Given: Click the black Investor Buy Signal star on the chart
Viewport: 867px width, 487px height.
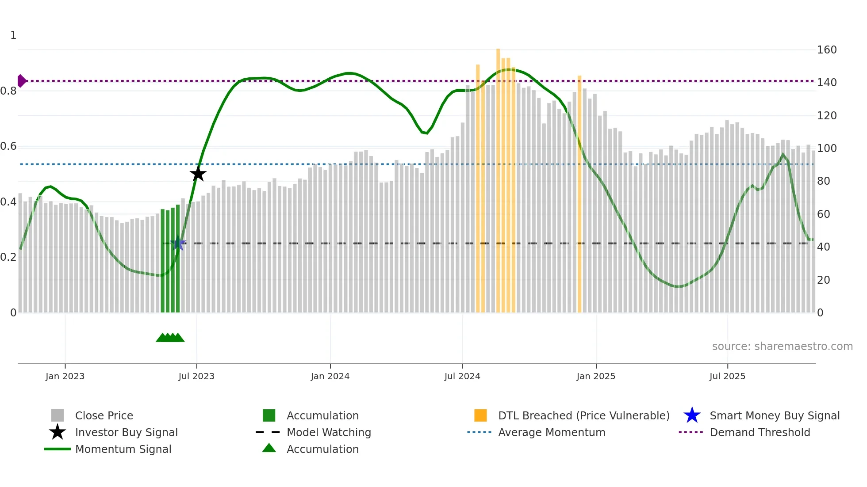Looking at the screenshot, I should pyautogui.click(x=198, y=174).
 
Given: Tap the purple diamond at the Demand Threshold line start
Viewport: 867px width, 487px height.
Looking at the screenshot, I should pyautogui.click(x=21, y=81).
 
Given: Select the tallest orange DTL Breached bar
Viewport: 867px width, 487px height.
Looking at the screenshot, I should pyautogui.click(x=498, y=177).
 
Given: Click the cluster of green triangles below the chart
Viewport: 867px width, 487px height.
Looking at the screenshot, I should pyautogui.click(x=170, y=338).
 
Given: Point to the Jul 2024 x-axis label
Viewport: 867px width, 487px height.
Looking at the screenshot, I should pyautogui.click(x=462, y=376).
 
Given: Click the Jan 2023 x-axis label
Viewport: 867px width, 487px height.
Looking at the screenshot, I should pyautogui.click(x=65, y=376).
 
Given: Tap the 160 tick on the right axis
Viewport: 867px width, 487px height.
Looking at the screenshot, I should pyautogui.click(x=826, y=50).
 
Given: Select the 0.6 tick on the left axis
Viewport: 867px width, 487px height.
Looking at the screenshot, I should pyautogui.click(x=9, y=146).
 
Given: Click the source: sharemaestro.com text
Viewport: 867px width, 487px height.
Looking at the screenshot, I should pyautogui.click(x=782, y=346).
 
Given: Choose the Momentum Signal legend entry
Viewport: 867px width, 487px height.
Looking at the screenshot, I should pyautogui.click(x=123, y=449).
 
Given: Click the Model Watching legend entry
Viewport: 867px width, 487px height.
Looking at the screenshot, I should pyautogui.click(x=329, y=432).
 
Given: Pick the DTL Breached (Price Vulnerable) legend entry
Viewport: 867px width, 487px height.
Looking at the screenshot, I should pyautogui.click(x=583, y=415).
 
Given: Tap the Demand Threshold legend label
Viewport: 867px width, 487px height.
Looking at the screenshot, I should pyautogui.click(x=760, y=432).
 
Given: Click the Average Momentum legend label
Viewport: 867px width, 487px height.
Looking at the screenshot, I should pyautogui.click(x=552, y=432).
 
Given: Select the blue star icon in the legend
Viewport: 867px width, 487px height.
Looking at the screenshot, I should pyautogui.click(x=692, y=415).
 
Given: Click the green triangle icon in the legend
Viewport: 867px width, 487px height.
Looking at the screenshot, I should pyautogui.click(x=269, y=448).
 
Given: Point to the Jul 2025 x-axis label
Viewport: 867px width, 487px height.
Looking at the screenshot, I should pyautogui.click(x=727, y=376).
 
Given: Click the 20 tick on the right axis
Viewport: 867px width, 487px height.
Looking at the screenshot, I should pyautogui.click(x=823, y=280).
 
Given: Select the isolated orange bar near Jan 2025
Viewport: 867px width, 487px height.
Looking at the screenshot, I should pyautogui.click(x=579, y=194).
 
